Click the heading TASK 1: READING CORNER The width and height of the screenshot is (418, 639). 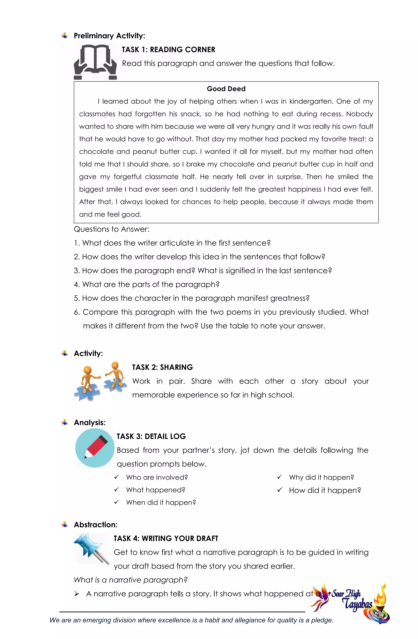[168, 50]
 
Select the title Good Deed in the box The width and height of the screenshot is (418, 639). [226, 89]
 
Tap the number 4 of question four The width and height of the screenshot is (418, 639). [76, 285]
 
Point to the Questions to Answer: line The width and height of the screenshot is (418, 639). [111, 229]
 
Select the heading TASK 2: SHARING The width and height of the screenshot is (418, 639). [162, 367]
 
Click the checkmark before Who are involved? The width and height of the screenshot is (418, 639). [117, 477]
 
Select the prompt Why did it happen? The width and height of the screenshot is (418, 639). [321, 477]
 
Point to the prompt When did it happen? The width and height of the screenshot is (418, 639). [161, 503]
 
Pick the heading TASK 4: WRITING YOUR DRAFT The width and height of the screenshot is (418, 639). [166, 538]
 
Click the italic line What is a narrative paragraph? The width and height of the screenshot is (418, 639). [131, 580]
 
